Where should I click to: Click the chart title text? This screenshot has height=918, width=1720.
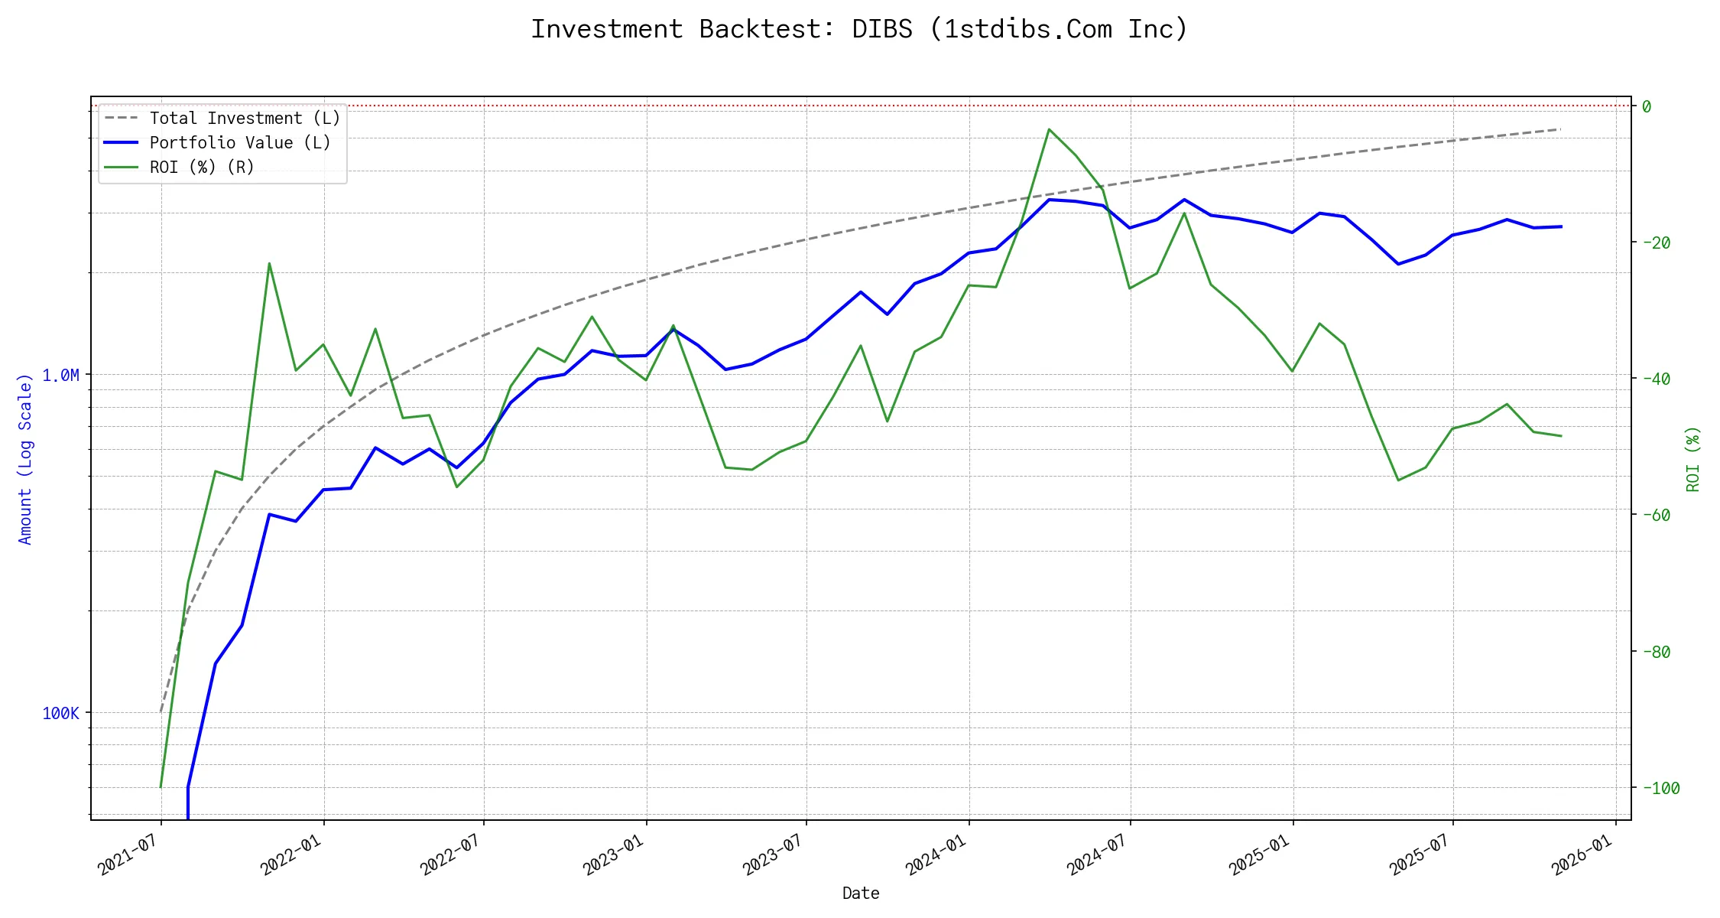tap(859, 29)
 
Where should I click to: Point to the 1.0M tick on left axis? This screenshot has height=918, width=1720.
tap(60, 375)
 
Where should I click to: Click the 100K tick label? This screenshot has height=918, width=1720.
tap(60, 714)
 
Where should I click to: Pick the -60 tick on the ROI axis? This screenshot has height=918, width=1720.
tap(1655, 516)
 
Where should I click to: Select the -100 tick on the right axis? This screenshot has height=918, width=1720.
tap(1659, 788)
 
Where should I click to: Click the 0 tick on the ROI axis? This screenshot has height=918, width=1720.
tap(1647, 107)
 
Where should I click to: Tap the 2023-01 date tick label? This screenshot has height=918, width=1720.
tap(614, 855)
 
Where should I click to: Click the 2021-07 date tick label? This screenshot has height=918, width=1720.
tap(128, 855)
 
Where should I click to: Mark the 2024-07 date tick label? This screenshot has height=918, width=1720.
tap(1098, 855)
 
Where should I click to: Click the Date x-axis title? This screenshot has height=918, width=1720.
tap(861, 894)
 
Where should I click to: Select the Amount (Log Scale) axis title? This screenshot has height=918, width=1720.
tap(25, 459)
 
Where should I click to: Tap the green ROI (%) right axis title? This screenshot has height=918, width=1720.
tap(1693, 459)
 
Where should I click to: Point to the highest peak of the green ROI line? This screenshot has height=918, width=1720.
tap(1050, 129)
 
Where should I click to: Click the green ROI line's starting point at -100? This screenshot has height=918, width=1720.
tap(161, 786)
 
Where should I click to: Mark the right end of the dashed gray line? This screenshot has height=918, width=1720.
tap(1560, 129)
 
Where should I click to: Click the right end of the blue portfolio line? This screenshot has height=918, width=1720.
tap(1561, 226)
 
